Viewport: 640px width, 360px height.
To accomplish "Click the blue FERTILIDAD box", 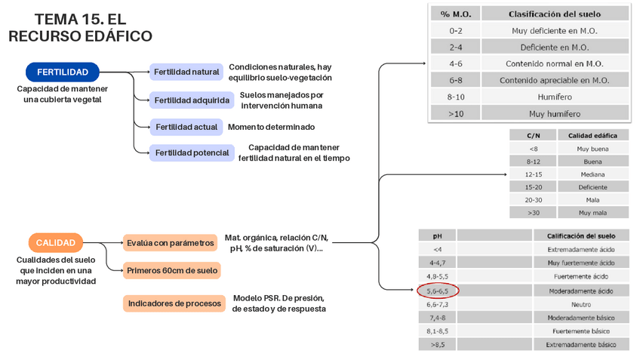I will [63, 72].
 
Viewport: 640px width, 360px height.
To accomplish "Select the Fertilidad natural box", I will [186, 72].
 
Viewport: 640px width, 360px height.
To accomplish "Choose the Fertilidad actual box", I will [186, 127].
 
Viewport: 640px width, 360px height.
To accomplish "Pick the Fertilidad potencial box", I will [192, 152].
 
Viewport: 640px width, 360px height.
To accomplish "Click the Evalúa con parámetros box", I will [171, 243].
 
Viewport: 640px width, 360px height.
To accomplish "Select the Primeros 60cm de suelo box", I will [172, 269].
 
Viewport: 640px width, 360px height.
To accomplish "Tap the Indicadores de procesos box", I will [174, 303].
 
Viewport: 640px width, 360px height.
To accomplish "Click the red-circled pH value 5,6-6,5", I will [438, 291].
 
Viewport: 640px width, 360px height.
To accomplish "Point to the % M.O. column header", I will [455, 14].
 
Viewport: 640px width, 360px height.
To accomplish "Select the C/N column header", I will [534, 135].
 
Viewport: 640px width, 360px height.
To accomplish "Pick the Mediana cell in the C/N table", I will [592, 174].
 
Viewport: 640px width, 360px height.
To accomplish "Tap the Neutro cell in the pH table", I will [581, 304].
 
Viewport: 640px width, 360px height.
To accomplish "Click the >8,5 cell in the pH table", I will [438, 344].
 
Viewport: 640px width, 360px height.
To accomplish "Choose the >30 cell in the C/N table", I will [534, 212].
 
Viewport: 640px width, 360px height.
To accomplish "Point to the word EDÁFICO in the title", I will [112, 35].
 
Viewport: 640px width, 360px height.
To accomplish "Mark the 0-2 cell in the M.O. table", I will [455, 31].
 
